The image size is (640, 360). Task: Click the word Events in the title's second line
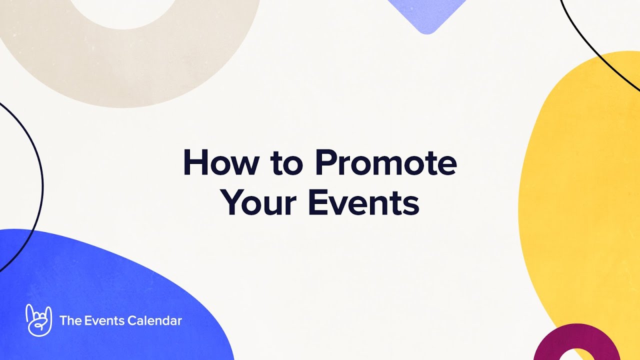[363, 202]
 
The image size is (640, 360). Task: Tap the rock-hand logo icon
[38, 320]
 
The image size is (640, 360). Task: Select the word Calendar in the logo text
[154, 320]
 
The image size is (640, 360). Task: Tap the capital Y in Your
[231, 202]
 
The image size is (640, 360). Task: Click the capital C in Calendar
[132, 320]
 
